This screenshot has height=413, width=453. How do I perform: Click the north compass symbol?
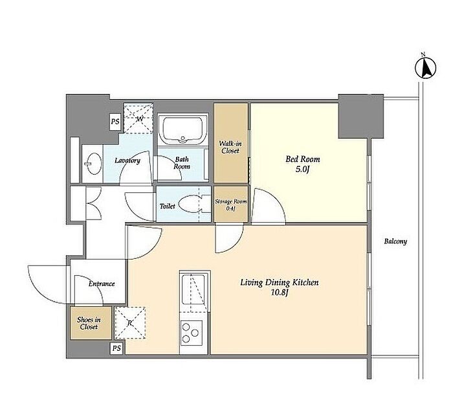coord(426,68)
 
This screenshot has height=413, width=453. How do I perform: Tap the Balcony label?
coord(395,241)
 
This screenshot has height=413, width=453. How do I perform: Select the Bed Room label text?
coord(302,159)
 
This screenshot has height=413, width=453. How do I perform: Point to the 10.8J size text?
coord(280,293)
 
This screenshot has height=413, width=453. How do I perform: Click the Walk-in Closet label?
coord(230,147)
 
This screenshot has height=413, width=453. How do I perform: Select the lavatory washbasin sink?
coord(93,164)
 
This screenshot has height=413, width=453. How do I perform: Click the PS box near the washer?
coord(115,122)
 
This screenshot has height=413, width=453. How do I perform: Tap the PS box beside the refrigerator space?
coord(116,348)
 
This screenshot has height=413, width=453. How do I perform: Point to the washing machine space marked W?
coord(138,118)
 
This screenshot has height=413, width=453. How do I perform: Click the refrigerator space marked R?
coord(130,323)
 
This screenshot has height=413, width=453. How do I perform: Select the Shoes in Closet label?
coord(89,323)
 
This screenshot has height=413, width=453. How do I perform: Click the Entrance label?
coord(102,284)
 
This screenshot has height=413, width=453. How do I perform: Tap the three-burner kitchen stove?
coord(192,333)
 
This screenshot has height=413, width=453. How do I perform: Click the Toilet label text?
coord(167,206)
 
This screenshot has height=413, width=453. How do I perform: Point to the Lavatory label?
coord(127,161)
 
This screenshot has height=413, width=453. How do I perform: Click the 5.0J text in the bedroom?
coord(302,170)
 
